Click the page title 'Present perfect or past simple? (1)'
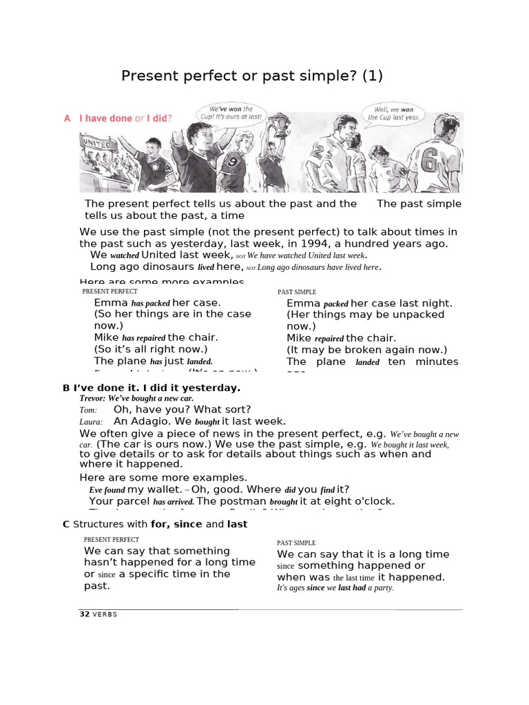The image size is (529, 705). (x=251, y=76)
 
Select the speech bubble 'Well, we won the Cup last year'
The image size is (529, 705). (x=393, y=113)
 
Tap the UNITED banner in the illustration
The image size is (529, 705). (x=97, y=143)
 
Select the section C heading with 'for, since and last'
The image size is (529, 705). (x=160, y=524)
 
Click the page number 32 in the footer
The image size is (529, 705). (x=85, y=614)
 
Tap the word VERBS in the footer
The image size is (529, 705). (x=106, y=614)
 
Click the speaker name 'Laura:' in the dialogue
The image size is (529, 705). (x=91, y=421)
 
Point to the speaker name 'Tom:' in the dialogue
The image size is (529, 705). (x=88, y=410)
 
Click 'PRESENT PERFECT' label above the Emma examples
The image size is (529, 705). (x=110, y=291)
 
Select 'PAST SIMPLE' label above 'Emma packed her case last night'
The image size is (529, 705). (x=297, y=292)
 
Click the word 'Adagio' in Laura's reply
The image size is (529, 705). (x=147, y=421)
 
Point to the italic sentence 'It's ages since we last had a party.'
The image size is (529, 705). (x=335, y=588)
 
